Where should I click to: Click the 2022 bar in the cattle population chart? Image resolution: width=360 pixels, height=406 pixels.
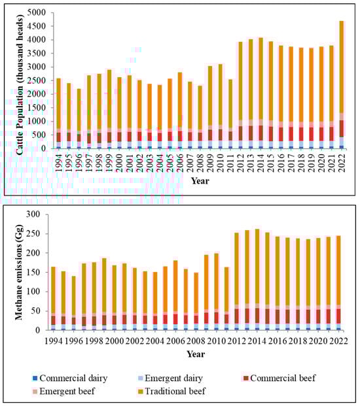[x=341, y=85]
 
